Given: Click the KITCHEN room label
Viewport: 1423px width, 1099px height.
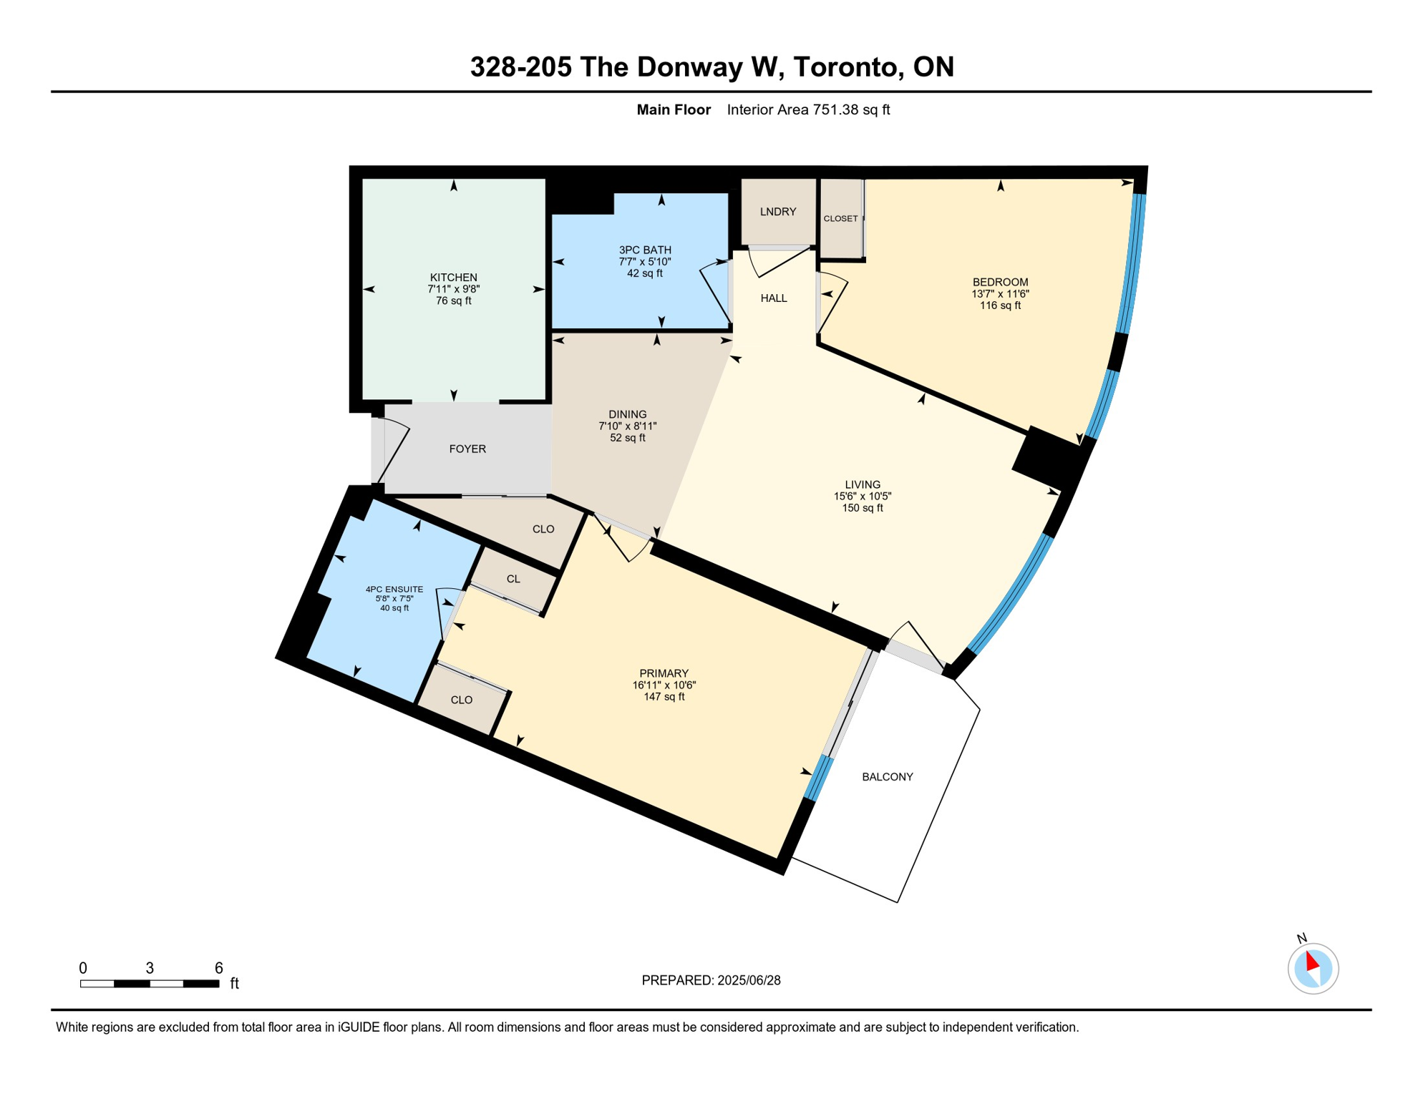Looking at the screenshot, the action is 453,277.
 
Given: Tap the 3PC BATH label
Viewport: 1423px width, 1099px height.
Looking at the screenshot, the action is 645,250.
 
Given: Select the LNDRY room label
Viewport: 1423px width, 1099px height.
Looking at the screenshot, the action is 777,212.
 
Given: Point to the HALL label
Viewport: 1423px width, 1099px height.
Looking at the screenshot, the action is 773,298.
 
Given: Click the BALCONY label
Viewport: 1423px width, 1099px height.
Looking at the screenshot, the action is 887,777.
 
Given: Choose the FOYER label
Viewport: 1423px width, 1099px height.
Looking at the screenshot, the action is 467,449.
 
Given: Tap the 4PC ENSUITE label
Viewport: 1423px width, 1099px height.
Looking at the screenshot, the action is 394,590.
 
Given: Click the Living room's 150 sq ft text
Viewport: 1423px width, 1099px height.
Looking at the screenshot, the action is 862,508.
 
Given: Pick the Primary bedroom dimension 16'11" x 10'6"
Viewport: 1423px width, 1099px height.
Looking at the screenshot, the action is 664,685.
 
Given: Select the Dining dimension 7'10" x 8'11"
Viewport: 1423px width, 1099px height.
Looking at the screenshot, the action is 627,426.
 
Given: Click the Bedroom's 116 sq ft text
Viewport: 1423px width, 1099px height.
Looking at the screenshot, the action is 1000,306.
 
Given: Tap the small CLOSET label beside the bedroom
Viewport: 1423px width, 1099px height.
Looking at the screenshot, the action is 840,219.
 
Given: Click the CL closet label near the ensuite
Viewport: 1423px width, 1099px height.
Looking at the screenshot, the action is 513,579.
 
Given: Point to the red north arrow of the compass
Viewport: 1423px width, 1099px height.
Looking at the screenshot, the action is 1311,961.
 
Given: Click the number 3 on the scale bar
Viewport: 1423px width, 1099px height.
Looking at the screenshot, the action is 150,968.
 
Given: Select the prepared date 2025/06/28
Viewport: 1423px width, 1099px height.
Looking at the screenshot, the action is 748,980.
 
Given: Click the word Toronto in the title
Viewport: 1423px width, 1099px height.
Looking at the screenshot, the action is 845,67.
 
